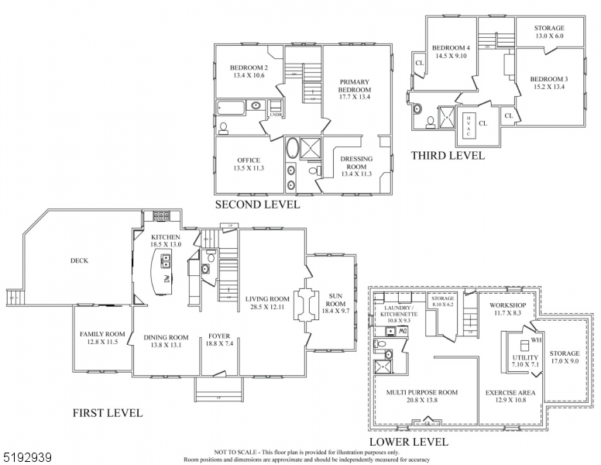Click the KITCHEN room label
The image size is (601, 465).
coord(166,237)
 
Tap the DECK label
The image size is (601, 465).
coord(79,260)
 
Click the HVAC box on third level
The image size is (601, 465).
coord(469,124)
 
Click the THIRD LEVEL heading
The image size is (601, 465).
coord(448,156)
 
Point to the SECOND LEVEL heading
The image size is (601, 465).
coord(256,205)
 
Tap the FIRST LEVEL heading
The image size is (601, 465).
coord(108,413)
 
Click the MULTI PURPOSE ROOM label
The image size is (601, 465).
coord(422,392)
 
